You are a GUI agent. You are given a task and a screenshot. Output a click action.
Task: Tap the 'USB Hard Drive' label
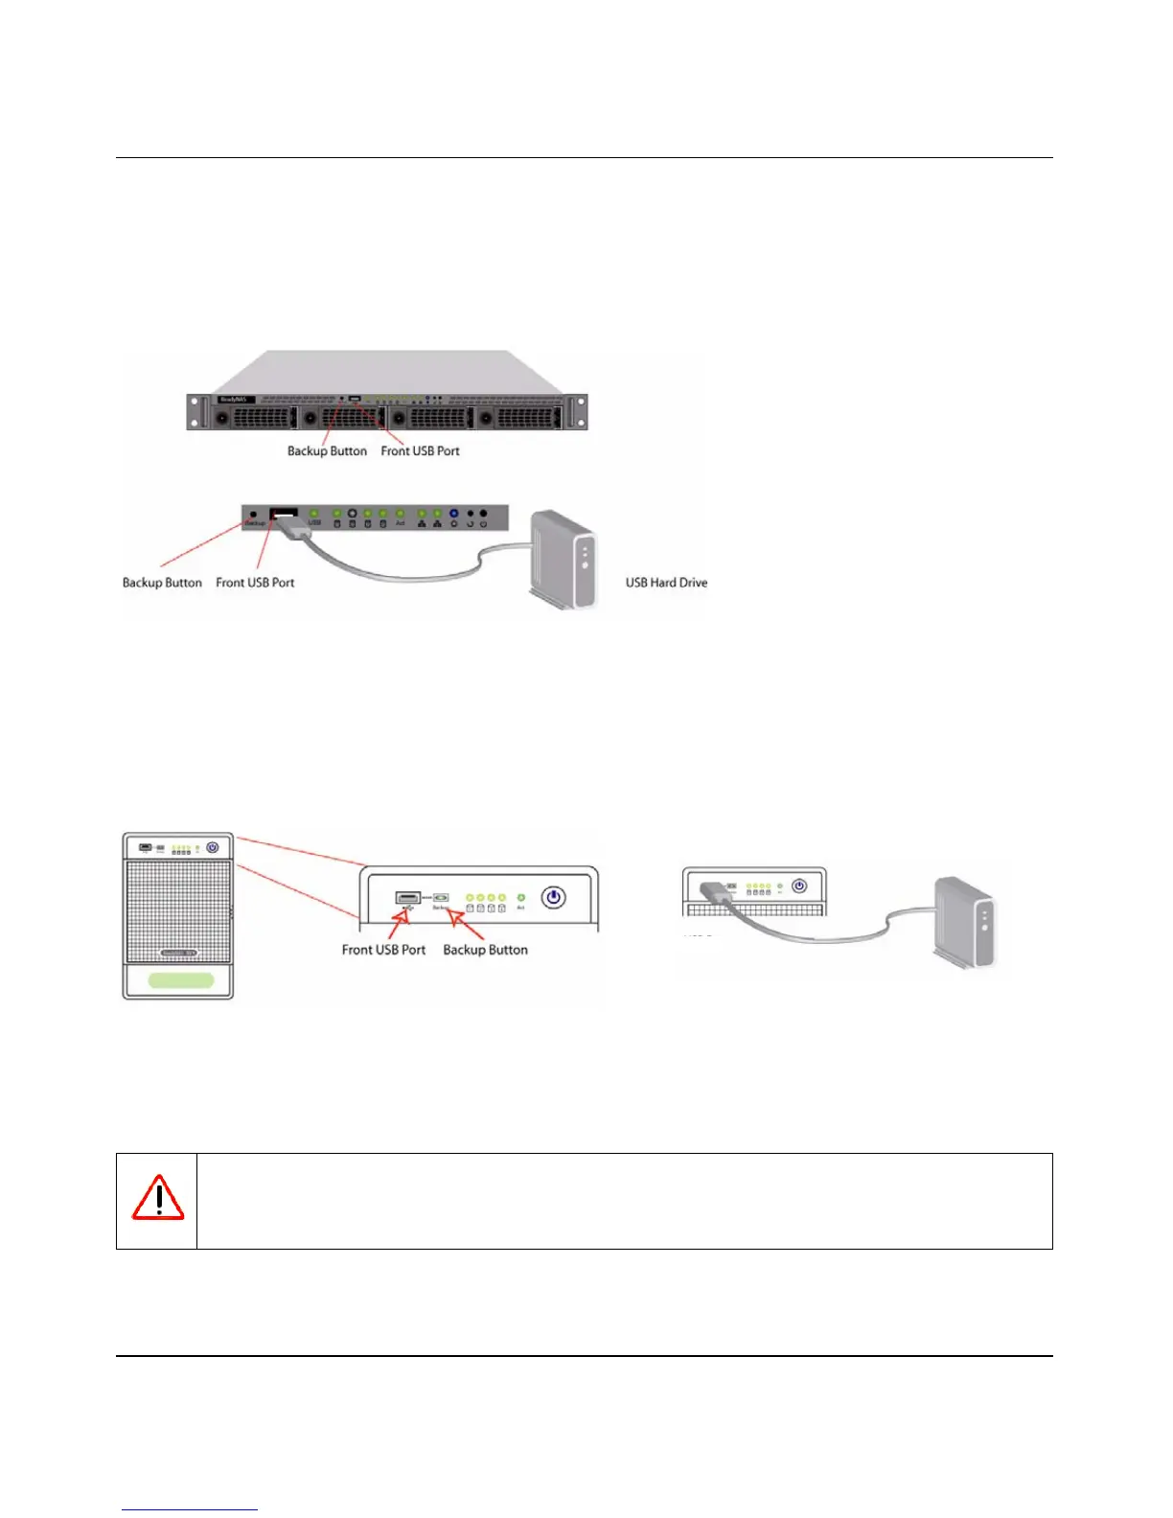tap(666, 583)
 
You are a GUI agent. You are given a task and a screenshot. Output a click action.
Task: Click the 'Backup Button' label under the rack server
tap(327, 451)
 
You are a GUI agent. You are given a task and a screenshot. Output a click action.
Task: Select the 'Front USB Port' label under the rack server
tap(420, 451)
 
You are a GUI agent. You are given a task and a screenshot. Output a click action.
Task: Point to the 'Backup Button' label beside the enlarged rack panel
tap(162, 583)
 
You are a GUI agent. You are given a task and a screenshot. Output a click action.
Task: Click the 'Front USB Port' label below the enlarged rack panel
tap(255, 583)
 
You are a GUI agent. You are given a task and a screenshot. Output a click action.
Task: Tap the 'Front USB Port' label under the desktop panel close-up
tap(383, 950)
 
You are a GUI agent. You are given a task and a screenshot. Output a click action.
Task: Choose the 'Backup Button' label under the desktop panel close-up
tap(485, 950)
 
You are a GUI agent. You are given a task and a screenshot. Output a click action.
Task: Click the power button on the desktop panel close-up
tap(553, 898)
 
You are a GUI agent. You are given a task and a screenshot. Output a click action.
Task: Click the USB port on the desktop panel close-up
tap(407, 898)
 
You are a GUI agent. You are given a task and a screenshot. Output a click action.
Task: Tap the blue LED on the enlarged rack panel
tap(453, 514)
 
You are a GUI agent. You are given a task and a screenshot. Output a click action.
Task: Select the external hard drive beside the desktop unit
tap(965, 922)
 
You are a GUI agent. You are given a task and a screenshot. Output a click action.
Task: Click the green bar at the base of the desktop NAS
tap(181, 980)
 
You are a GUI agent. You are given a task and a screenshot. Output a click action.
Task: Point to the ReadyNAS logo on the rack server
tap(233, 399)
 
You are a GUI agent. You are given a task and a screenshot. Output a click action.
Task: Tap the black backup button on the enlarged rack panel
tap(253, 514)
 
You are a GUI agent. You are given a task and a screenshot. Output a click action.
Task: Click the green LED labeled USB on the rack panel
tap(314, 514)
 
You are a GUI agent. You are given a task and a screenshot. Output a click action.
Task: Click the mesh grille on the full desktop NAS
tap(178, 910)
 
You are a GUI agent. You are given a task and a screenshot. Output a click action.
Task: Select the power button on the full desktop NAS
tap(213, 847)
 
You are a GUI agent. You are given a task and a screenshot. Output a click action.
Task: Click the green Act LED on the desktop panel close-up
tap(520, 897)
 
